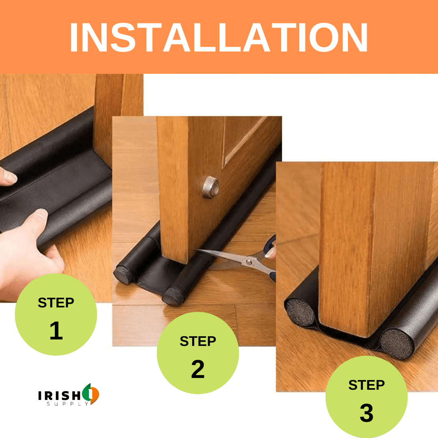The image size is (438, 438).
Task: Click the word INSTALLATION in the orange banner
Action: pyautogui.click(x=219, y=37)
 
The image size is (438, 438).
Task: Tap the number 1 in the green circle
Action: pyautogui.click(x=56, y=331)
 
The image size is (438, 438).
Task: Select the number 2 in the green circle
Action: pyautogui.click(x=198, y=369)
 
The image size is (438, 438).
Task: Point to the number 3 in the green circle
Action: pyautogui.click(x=367, y=413)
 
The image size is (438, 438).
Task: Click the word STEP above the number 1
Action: pyautogui.click(x=56, y=303)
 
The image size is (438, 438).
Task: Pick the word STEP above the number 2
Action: pyautogui.click(x=198, y=341)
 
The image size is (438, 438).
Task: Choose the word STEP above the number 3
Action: pyautogui.click(x=367, y=385)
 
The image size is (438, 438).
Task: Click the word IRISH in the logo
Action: pyautogui.click(x=60, y=395)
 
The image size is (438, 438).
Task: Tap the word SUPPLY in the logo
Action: pyautogui.click(x=67, y=404)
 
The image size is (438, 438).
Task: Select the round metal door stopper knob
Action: pyautogui.click(x=210, y=187)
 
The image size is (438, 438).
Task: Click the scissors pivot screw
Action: pyautogui.click(x=248, y=262)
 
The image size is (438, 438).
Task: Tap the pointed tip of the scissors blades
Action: pyautogui.click(x=196, y=250)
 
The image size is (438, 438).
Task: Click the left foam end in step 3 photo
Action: pyautogui.click(x=300, y=313)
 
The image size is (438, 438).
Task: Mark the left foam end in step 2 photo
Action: pyautogui.click(x=124, y=275)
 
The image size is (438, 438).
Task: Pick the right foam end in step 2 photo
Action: pyautogui.click(x=173, y=296)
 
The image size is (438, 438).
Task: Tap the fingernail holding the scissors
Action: pyautogui.click(x=270, y=253)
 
